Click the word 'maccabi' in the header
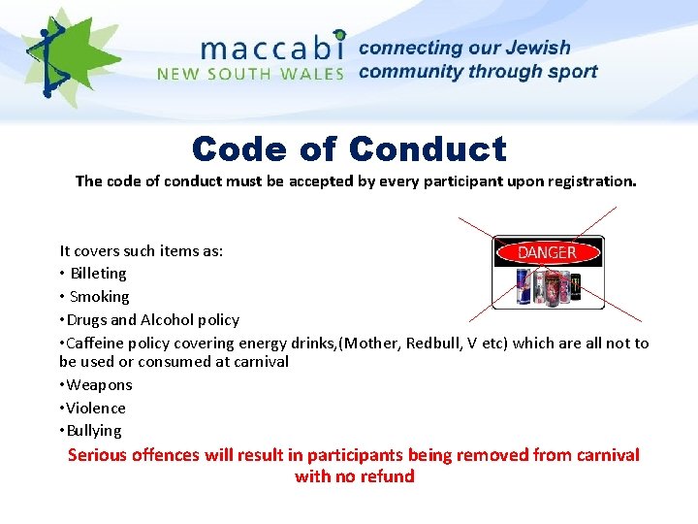tap(272, 49)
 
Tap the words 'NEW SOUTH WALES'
tap(250, 74)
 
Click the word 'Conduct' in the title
tap(428, 148)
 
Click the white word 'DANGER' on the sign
tap(547, 252)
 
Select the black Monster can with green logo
tap(575, 286)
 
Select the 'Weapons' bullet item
tap(99, 385)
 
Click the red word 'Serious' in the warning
tap(98, 455)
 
